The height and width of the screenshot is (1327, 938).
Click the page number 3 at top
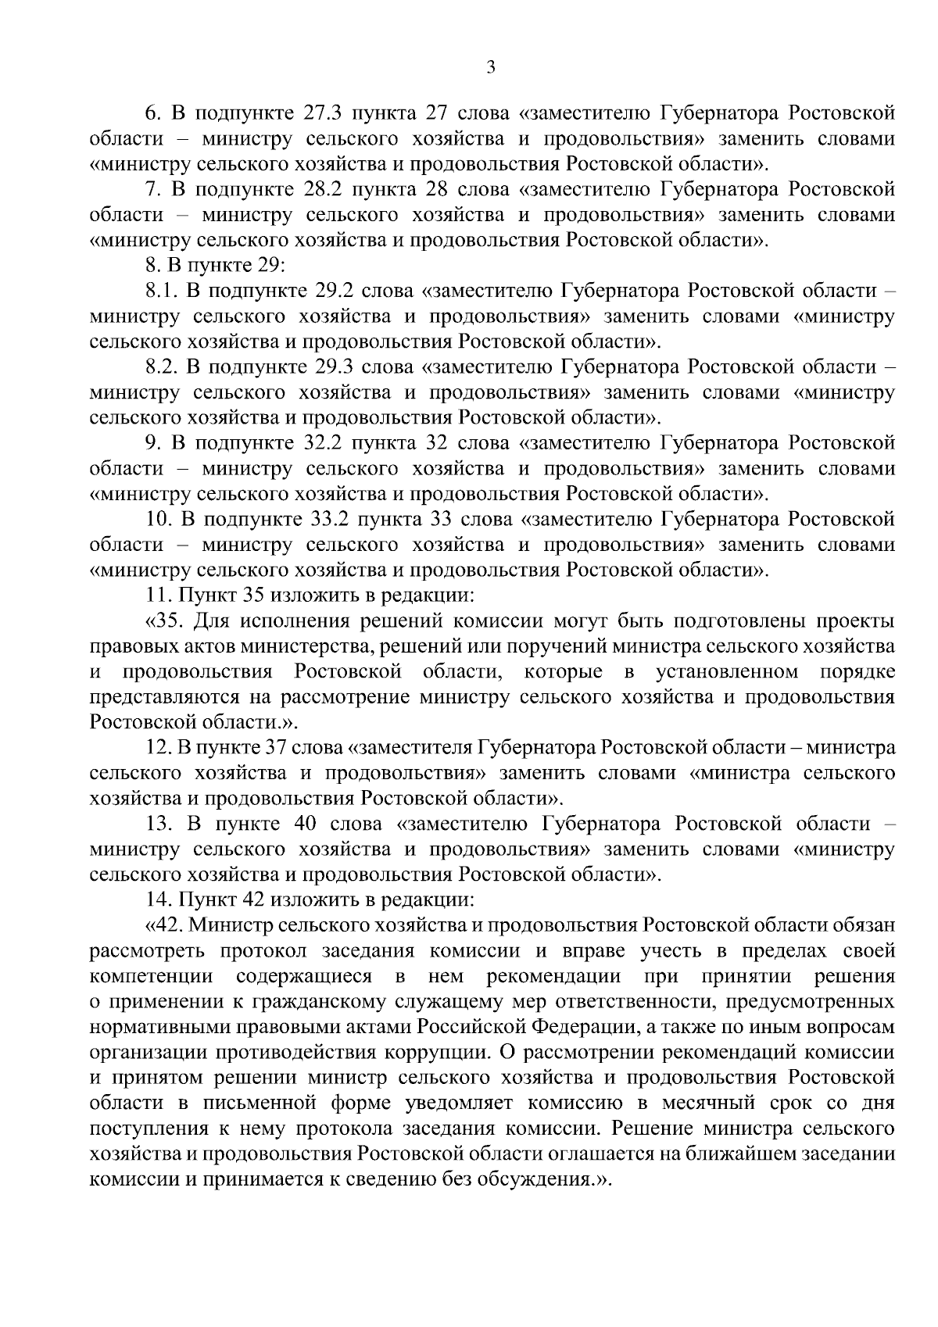coord(491,68)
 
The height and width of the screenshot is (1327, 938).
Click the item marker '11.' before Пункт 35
coord(159,596)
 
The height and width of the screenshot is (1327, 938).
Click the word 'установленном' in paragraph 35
coord(727,672)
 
